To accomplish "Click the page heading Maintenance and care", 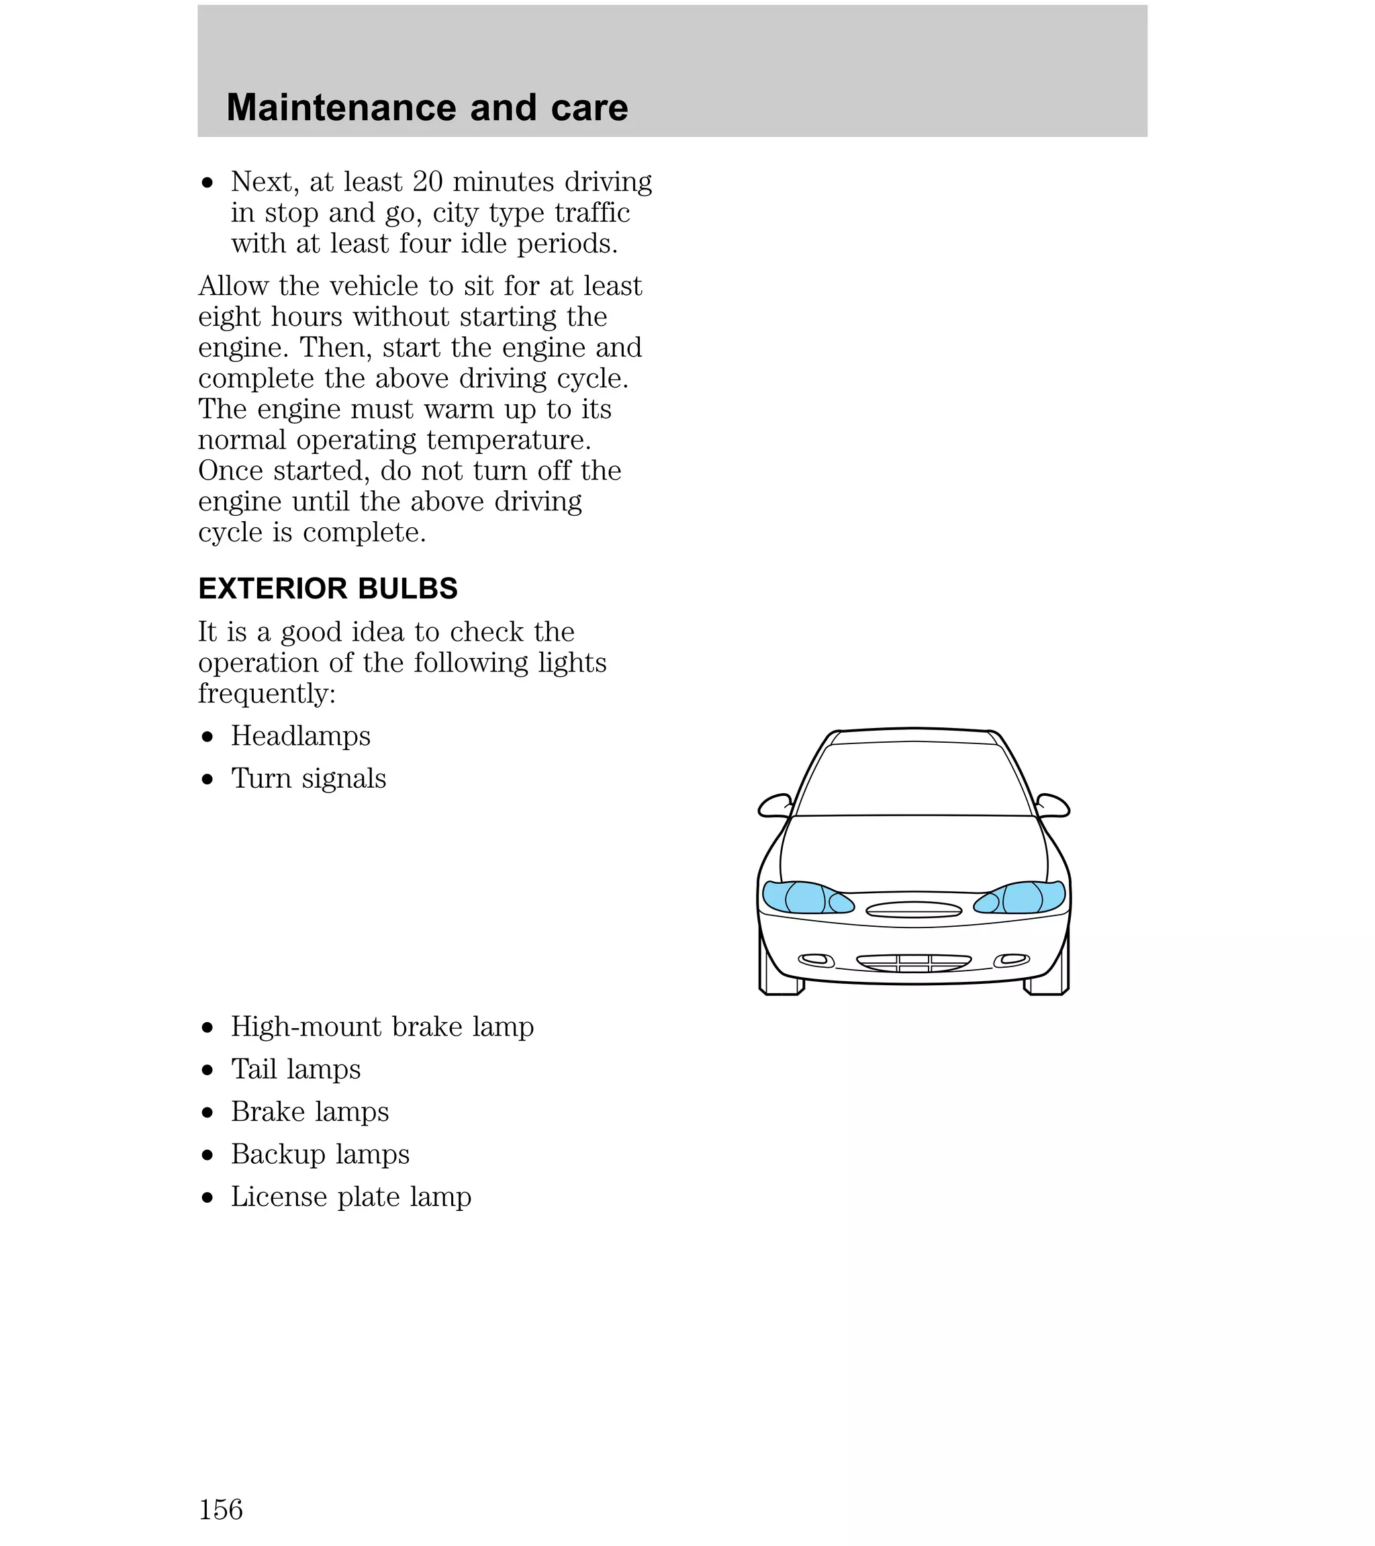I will (x=426, y=107).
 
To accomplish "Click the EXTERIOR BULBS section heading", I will (x=328, y=588).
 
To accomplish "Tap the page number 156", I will (x=220, y=1509).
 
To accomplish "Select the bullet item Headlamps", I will (x=300, y=735).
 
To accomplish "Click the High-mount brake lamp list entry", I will (x=382, y=1026).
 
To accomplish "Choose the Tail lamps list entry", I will (x=295, y=1068).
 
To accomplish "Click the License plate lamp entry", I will (x=351, y=1197).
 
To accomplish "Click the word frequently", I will (x=267, y=693).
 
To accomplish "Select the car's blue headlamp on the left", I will (x=805, y=897).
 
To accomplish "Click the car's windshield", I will (x=914, y=779).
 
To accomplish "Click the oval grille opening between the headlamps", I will (x=914, y=909).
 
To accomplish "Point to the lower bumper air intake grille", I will (x=914, y=963).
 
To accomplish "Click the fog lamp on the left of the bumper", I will (x=815, y=960).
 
